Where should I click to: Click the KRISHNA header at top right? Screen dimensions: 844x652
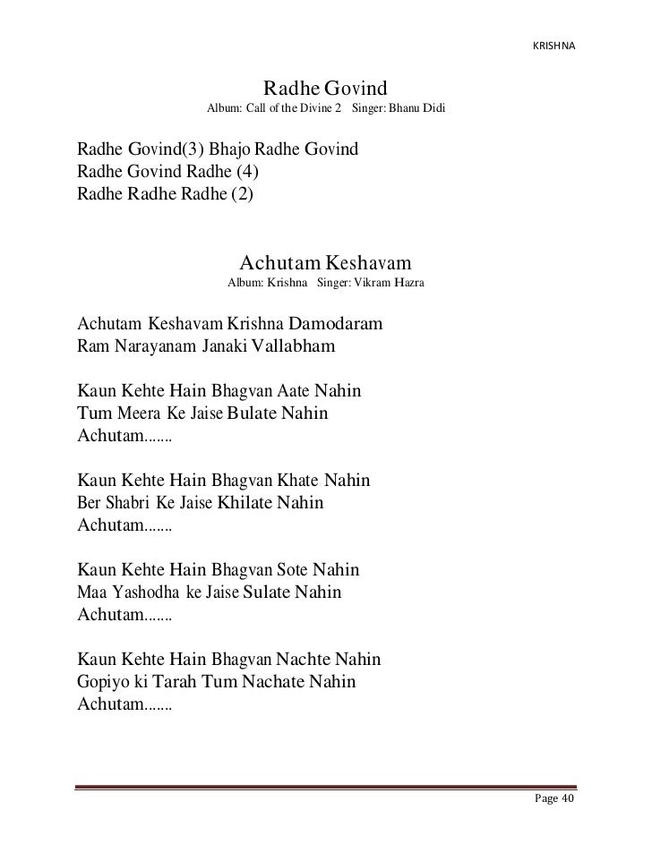point(553,44)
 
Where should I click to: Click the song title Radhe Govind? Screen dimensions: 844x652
point(323,90)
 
